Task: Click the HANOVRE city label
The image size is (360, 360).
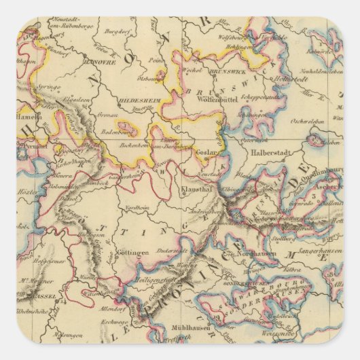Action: pos(100,62)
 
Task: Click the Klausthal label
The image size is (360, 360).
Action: pos(198,189)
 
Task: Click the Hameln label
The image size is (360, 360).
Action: pos(29,116)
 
